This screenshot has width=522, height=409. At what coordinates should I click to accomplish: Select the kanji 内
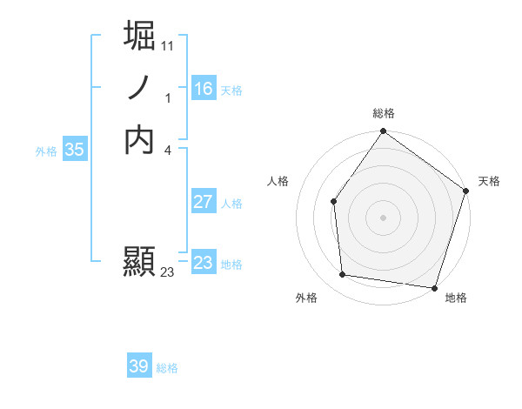click(x=140, y=139)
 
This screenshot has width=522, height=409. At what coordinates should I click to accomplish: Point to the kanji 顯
click(x=140, y=262)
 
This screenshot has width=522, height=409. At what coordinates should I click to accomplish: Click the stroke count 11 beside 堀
click(x=168, y=45)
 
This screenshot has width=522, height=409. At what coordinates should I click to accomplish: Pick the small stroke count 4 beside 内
click(x=168, y=151)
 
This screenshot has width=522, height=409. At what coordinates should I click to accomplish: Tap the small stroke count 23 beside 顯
click(x=168, y=272)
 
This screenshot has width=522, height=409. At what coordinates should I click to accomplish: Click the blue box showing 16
click(x=203, y=89)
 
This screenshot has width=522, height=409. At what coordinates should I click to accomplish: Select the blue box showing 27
click(x=203, y=202)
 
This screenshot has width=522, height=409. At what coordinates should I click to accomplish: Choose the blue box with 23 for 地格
click(x=203, y=263)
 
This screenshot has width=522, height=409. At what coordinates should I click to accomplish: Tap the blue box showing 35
click(x=74, y=150)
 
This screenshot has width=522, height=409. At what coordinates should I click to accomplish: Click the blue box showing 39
click(x=138, y=366)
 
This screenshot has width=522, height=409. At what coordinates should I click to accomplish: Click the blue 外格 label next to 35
click(x=46, y=151)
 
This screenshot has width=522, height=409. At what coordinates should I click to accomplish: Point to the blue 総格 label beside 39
click(x=167, y=368)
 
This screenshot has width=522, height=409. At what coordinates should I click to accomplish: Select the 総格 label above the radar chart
click(x=384, y=113)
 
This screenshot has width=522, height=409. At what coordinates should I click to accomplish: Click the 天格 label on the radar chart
click(x=490, y=181)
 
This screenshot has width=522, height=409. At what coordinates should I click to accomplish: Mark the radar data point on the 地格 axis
click(x=434, y=286)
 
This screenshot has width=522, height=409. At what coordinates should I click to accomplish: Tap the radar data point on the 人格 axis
click(x=333, y=201)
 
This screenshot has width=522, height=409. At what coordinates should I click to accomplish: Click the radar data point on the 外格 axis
click(x=343, y=274)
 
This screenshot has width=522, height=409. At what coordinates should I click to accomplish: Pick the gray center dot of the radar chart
click(x=383, y=217)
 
